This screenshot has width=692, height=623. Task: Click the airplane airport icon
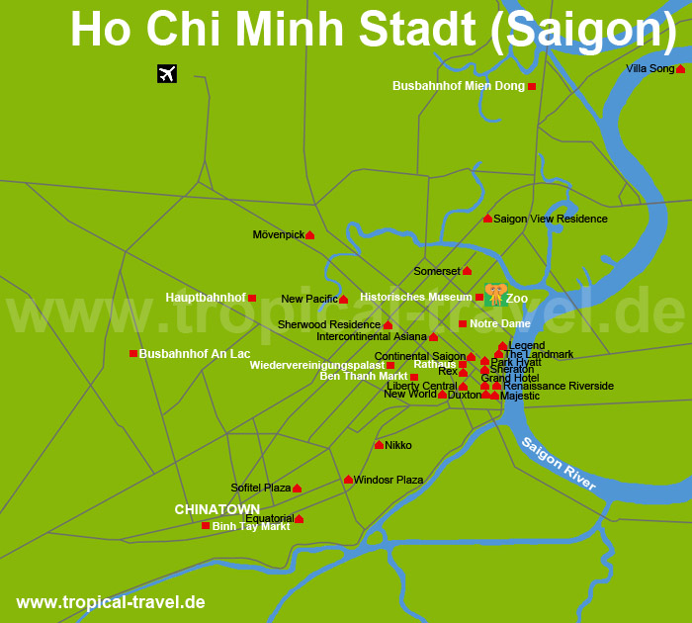[167, 73]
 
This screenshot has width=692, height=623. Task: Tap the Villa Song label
[649, 68]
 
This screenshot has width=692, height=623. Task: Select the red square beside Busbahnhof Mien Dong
[532, 87]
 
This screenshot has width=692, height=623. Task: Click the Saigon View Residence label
[550, 219]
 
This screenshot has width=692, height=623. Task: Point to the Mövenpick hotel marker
[309, 235]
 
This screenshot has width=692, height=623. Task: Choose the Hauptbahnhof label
[206, 297]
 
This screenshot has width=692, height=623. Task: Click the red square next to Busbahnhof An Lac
[133, 353]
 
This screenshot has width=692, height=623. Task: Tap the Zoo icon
[495, 295]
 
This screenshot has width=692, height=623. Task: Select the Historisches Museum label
[415, 297]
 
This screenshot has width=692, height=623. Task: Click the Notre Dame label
[499, 323]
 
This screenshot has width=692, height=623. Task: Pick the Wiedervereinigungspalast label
[316, 365]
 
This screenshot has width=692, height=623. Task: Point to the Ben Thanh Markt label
[363, 376]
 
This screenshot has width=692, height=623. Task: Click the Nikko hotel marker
[379, 445]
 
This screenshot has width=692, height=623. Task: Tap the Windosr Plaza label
[389, 480]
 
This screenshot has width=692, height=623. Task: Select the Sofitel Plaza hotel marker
[297, 489]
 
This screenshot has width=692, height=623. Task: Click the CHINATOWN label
[216, 509]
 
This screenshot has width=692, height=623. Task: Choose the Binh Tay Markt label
[250, 526]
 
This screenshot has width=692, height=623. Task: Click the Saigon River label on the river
[559, 462]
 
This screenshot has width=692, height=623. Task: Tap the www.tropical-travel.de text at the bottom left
[111, 601]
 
